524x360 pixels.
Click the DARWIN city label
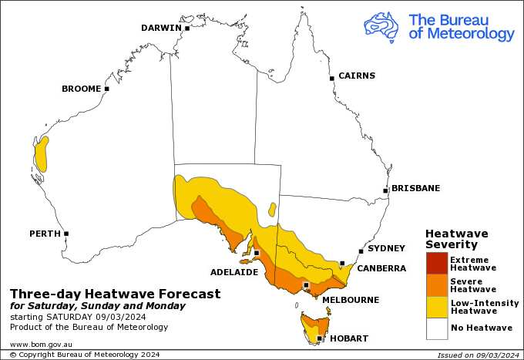click(x=160, y=28)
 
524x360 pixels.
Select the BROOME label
click(x=81, y=89)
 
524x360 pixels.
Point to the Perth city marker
click(x=66, y=234)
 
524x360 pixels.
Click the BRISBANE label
click(x=415, y=188)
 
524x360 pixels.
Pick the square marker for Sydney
click(x=361, y=251)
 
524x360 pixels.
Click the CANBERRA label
click(x=381, y=268)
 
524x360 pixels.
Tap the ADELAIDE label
click(x=234, y=271)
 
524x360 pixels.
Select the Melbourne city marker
click(x=307, y=285)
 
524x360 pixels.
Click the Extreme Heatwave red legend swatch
click(x=436, y=263)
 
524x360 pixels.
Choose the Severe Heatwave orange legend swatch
click(x=436, y=284)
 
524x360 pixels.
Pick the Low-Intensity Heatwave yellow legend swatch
click(x=436, y=306)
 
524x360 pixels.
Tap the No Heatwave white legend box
click(x=436, y=328)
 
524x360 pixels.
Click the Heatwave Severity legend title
click(x=457, y=239)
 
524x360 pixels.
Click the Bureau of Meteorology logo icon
click(x=381, y=26)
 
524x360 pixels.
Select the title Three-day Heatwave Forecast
click(x=115, y=294)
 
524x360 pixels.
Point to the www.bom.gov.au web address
click(x=41, y=344)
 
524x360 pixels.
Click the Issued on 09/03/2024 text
click(x=478, y=355)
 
